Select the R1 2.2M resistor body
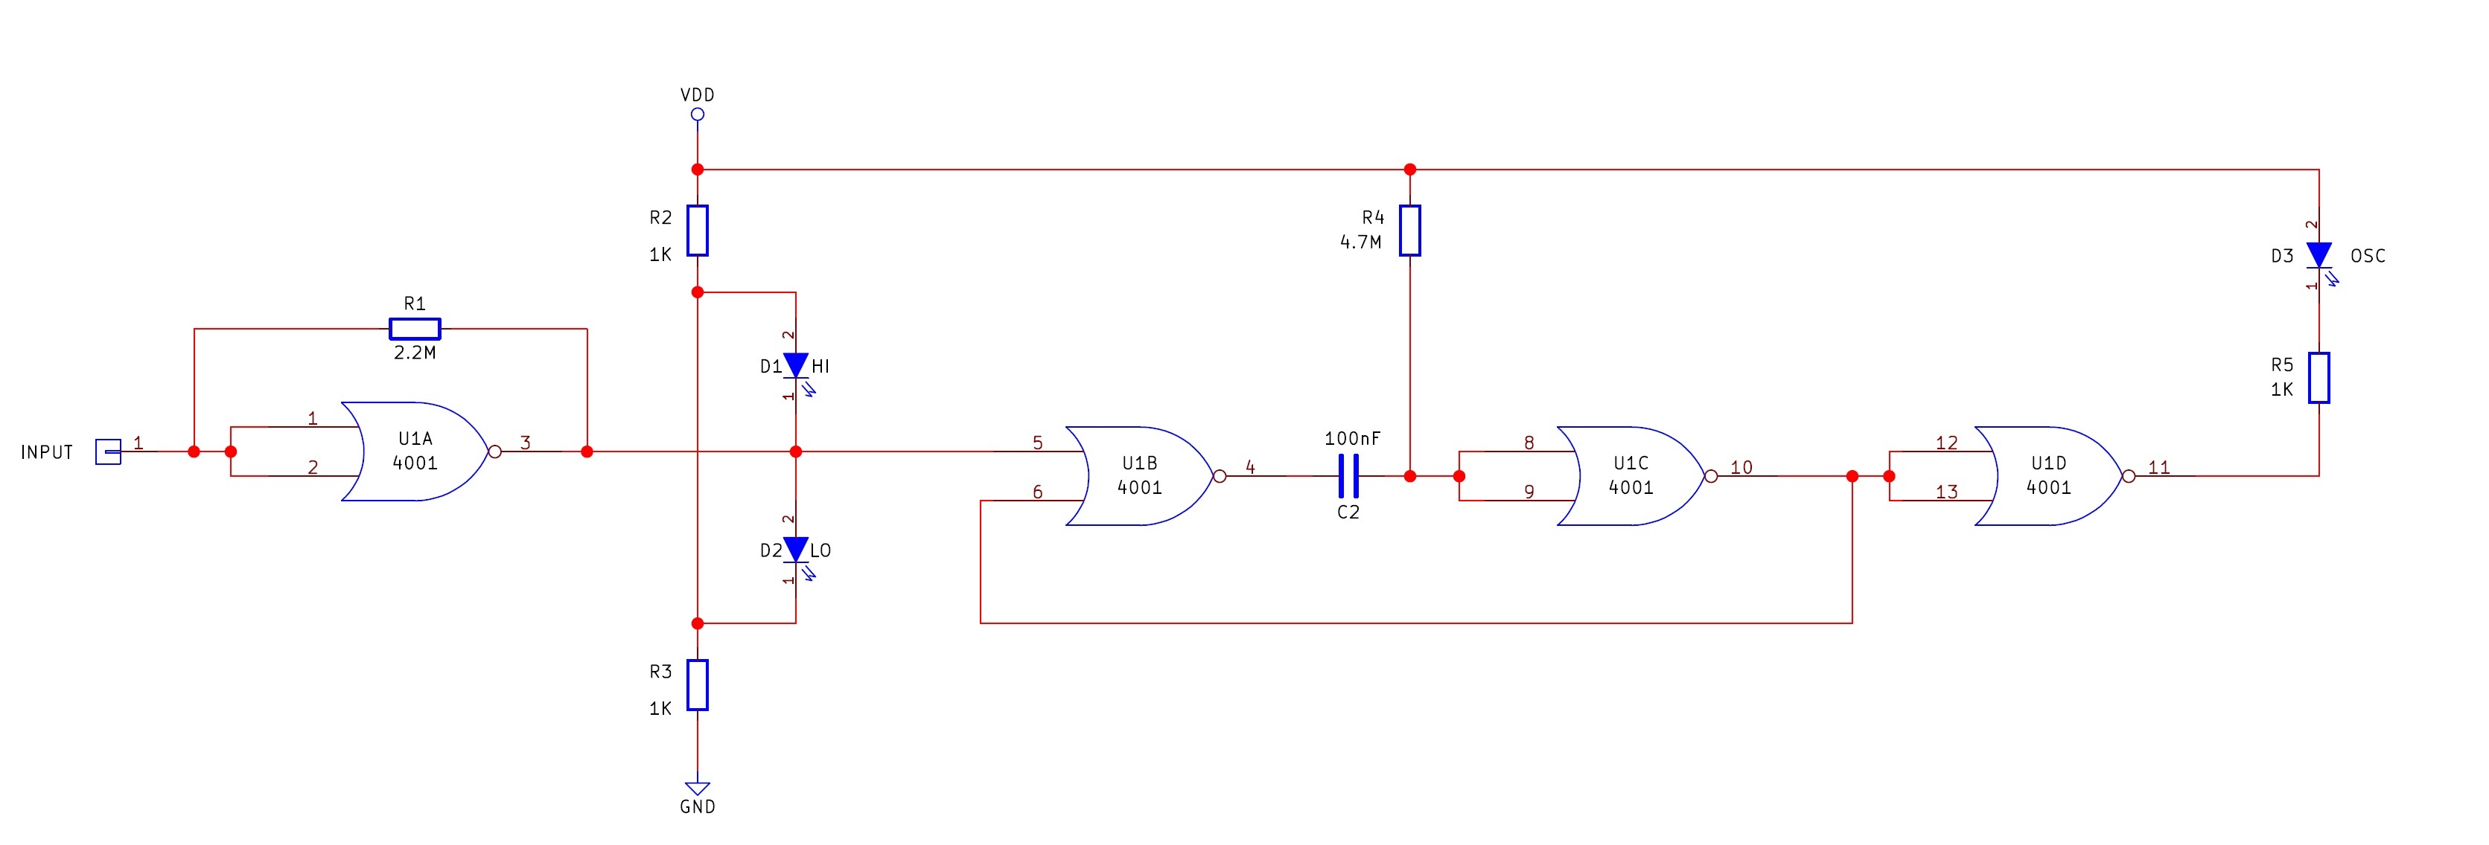click(415, 330)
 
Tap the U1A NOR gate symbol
click(415, 451)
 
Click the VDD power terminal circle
click(698, 114)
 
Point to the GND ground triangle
click(698, 788)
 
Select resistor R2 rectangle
click(698, 230)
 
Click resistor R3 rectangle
click(698, 684)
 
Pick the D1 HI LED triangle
click(795, 365)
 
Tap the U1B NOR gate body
click(1140, 476)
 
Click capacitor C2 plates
click(1349, 476)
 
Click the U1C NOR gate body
click(1631, 476)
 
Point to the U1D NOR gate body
click(2048, 476)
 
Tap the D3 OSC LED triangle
click(2319, 255)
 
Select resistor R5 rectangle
click(2319, 378)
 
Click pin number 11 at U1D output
click(2158, 467)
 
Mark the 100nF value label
click(1352, 438)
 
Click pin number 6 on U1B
click(1038, 492)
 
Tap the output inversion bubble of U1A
click(494, 451)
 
